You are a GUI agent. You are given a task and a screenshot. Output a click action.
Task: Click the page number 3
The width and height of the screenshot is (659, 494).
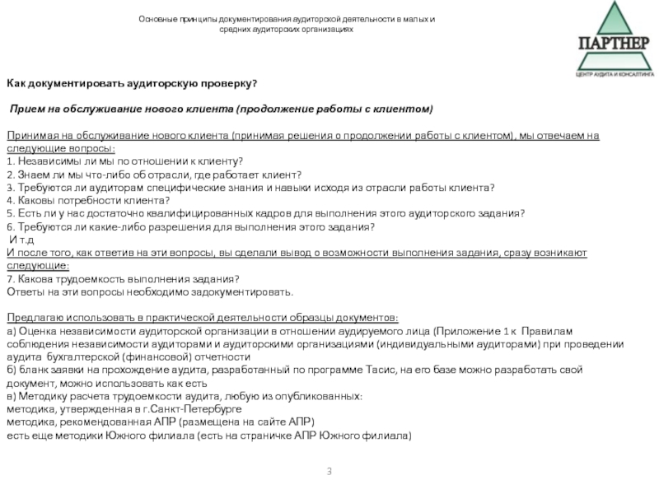click(329, 471)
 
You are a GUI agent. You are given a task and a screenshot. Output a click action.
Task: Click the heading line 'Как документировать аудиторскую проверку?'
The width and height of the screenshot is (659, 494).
click(133, 84)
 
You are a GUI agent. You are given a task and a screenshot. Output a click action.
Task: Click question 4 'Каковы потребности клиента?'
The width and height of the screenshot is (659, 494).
click(82, 200)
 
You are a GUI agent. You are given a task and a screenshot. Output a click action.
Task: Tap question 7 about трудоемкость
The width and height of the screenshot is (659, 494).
click(123, 279)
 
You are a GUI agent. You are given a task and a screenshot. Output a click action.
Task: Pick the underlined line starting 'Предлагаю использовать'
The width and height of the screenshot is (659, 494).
click(202, 318)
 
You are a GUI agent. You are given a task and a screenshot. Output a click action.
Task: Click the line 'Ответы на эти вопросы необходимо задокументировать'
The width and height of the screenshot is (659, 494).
click(149, 292)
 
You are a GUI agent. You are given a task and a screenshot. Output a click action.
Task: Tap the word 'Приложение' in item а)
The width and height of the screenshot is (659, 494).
click(469, 331)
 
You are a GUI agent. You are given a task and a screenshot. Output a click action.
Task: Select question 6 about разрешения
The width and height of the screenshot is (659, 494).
click(191, 226)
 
